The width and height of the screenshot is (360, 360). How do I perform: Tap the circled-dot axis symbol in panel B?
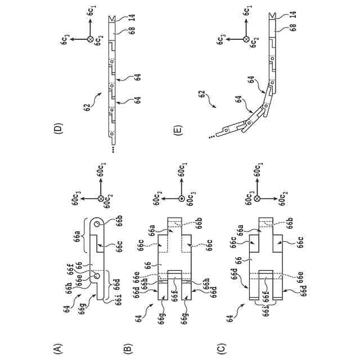coord(182,199)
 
